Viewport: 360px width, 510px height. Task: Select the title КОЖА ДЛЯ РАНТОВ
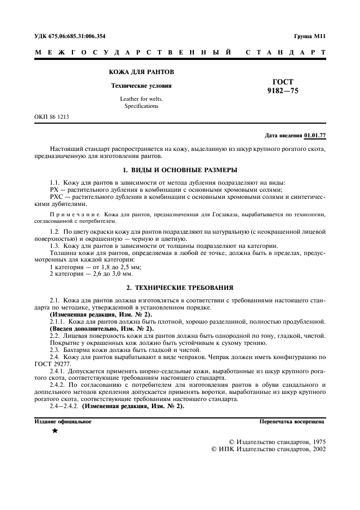click(x=141, y=72)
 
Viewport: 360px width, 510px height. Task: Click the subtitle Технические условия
click(x=141, y=86)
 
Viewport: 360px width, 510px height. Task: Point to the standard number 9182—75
click(x=283, y=91)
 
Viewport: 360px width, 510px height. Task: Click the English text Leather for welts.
click(x=141, y=99)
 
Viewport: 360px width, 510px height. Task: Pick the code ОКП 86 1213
click(x=52, y=117)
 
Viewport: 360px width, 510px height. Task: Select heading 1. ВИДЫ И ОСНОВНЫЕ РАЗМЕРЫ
click(x=180, y=169)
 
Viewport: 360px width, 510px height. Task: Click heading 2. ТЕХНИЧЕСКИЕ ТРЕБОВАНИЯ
click(x=180, y=287)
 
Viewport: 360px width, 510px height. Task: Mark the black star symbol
click(x=54, y=431)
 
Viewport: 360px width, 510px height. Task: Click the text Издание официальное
click(x=63, y=421)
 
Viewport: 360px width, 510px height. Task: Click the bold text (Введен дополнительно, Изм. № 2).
click(x=102, y=329)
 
